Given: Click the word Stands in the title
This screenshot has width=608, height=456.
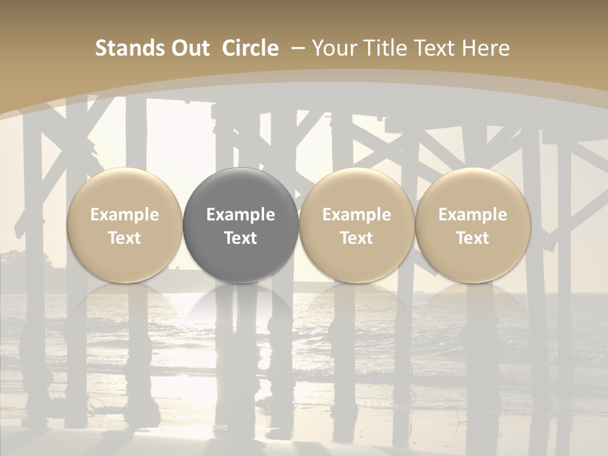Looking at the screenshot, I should click(x=127, y=49).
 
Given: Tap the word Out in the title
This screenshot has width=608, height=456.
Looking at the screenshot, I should click(x=188, y=49).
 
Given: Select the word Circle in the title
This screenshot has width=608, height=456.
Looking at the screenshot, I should click(x=250, y=49).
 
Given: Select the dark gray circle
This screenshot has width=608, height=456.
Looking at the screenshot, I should click(x=241, y=225).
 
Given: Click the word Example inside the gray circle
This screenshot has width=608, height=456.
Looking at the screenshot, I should click(x=241, y=215).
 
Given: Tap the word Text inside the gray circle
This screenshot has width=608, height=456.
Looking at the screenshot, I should click(x=241, y=238).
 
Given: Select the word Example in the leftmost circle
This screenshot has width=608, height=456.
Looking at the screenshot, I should click(x=124, y=215).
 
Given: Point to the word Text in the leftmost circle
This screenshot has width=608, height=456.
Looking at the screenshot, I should click(x=124, y=238).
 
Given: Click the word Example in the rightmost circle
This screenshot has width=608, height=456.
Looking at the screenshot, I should click(x=472, y=215).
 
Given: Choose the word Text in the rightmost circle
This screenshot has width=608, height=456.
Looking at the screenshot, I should click(x=472, y=238).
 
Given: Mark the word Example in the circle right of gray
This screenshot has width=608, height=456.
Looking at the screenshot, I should click(x=357, y=215).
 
